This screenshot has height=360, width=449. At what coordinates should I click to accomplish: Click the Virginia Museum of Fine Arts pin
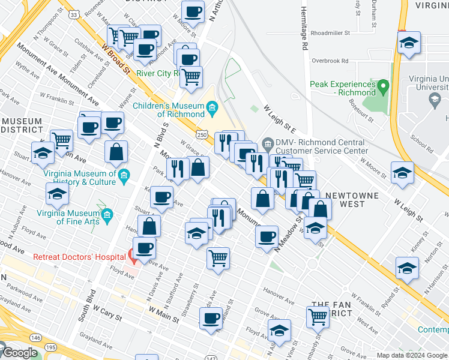(107, 214)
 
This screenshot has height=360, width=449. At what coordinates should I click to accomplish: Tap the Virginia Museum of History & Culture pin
(124, 176)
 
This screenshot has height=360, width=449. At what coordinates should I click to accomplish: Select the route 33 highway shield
(72, 14)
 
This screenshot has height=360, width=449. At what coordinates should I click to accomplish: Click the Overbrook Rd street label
(330, 61)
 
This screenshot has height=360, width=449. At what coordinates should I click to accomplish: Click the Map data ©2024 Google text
(412, 355)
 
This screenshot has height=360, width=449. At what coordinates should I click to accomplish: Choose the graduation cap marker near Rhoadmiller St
(409, 43)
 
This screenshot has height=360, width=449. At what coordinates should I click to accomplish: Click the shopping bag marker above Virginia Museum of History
(116, 152)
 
